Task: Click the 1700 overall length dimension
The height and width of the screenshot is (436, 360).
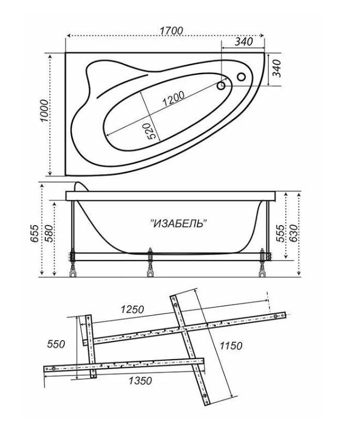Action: pos(171,31)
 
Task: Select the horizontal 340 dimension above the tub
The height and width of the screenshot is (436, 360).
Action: pos(244,42)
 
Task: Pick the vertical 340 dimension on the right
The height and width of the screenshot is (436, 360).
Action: pos(277,68)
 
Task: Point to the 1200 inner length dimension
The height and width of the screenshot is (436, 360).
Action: pos(173,99)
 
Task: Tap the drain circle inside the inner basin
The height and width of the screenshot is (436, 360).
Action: pos(221,86)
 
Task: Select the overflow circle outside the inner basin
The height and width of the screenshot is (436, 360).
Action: pos(241,76)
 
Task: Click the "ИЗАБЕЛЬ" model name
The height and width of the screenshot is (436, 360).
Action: pos(178,223)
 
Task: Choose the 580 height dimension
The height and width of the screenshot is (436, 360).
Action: pos(48,233)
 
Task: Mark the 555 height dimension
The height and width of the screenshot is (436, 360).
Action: pos(281,233)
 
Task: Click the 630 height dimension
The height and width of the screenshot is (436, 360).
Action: pos(295,233)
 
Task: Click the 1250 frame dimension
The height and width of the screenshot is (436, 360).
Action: pos(132,309)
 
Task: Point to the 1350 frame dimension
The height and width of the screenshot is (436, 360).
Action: pos(140,380)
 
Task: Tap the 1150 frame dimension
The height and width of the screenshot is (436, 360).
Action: pos(231,346)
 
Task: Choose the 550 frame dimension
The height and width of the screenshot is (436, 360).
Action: pos(56,344)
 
